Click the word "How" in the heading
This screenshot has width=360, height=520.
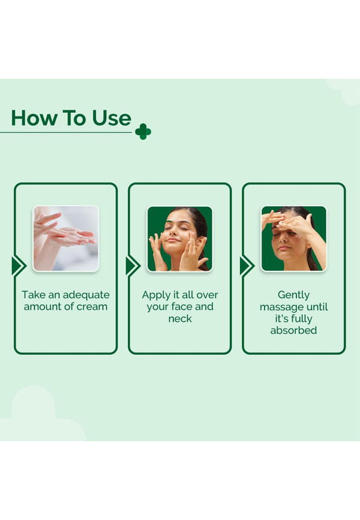pos(34,118)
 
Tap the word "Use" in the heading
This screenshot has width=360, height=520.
pos(112,118)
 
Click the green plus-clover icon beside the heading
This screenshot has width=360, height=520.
pos(143,132)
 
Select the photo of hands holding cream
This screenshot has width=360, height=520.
pos(65,238)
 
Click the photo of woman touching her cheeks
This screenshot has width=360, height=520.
pos(179,238)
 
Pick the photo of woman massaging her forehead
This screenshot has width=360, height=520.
pos(294,238)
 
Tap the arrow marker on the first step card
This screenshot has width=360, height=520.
pos(19,266)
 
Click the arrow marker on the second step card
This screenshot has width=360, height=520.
pos(133,266)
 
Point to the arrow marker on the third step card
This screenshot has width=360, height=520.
pos(247,266)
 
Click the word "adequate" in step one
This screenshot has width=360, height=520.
pos(86,295)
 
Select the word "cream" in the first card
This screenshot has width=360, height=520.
pos(92,307)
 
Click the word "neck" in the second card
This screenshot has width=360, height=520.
pos(180,319)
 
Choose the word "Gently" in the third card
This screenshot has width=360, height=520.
pos(294,295)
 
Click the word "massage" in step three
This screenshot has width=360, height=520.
pos(280,307)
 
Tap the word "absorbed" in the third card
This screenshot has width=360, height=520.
pos(294,330)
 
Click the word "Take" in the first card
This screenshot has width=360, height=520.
pos(34,295)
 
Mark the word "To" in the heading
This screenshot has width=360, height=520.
pos(74,118)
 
